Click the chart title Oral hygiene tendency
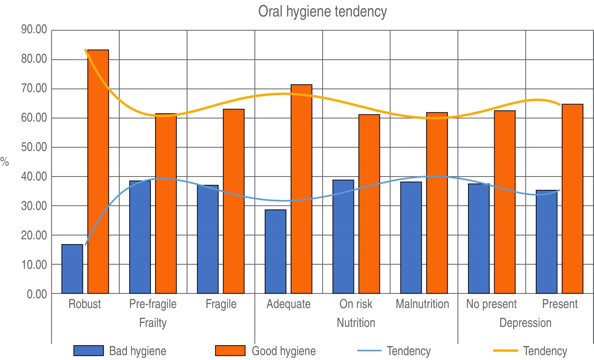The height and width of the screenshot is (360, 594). pos(322,12)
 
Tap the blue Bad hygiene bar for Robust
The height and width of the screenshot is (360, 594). pos(72,269)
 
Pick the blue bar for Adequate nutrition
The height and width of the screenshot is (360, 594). pos(276,251)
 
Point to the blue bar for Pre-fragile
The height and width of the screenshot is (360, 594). pos(140,237)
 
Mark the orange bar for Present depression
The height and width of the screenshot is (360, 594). pos(572,199)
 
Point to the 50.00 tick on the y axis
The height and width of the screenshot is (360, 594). pos(34,147)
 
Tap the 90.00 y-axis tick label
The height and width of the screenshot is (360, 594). pos(34,30)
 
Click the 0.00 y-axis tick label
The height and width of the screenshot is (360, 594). pos(37,294)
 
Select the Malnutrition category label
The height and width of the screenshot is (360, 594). pos(422,304)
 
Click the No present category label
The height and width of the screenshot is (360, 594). pos(491,304)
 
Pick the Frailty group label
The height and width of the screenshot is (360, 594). pos(153,323)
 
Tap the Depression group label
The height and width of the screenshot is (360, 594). pos(525,323)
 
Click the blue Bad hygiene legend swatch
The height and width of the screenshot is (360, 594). pos(89,351)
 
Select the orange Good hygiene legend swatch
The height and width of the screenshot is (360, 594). pos(230,351)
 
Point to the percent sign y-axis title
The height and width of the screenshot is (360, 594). pos(5,162)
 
